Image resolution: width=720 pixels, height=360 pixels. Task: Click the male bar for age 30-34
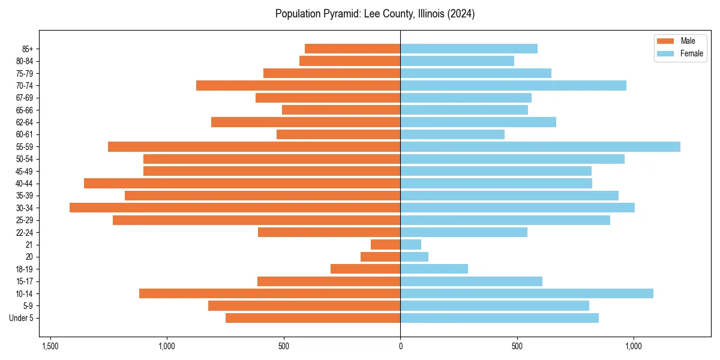235,208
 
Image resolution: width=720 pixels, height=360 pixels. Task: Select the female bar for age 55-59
540,146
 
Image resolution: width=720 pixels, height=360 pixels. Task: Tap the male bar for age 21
385,244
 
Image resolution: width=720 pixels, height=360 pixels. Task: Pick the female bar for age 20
414,257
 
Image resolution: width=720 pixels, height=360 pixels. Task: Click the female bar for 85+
469,49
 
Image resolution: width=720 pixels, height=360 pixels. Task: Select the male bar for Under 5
313,318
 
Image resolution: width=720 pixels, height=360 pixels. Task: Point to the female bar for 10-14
526,293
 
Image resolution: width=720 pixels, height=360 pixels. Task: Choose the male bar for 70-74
298,85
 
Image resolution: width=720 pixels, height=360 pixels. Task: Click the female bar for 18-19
434,269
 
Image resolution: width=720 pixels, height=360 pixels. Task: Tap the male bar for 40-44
242,183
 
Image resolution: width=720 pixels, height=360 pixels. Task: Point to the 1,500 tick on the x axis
50,346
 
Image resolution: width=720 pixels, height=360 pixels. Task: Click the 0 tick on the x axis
400,346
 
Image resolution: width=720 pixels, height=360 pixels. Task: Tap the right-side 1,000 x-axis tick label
634,346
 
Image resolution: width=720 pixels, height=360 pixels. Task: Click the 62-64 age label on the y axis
25,122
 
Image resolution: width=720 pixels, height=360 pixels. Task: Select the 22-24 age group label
25,232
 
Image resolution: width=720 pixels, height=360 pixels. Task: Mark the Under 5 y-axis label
22,318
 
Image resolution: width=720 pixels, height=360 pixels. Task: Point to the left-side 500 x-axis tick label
283,346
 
